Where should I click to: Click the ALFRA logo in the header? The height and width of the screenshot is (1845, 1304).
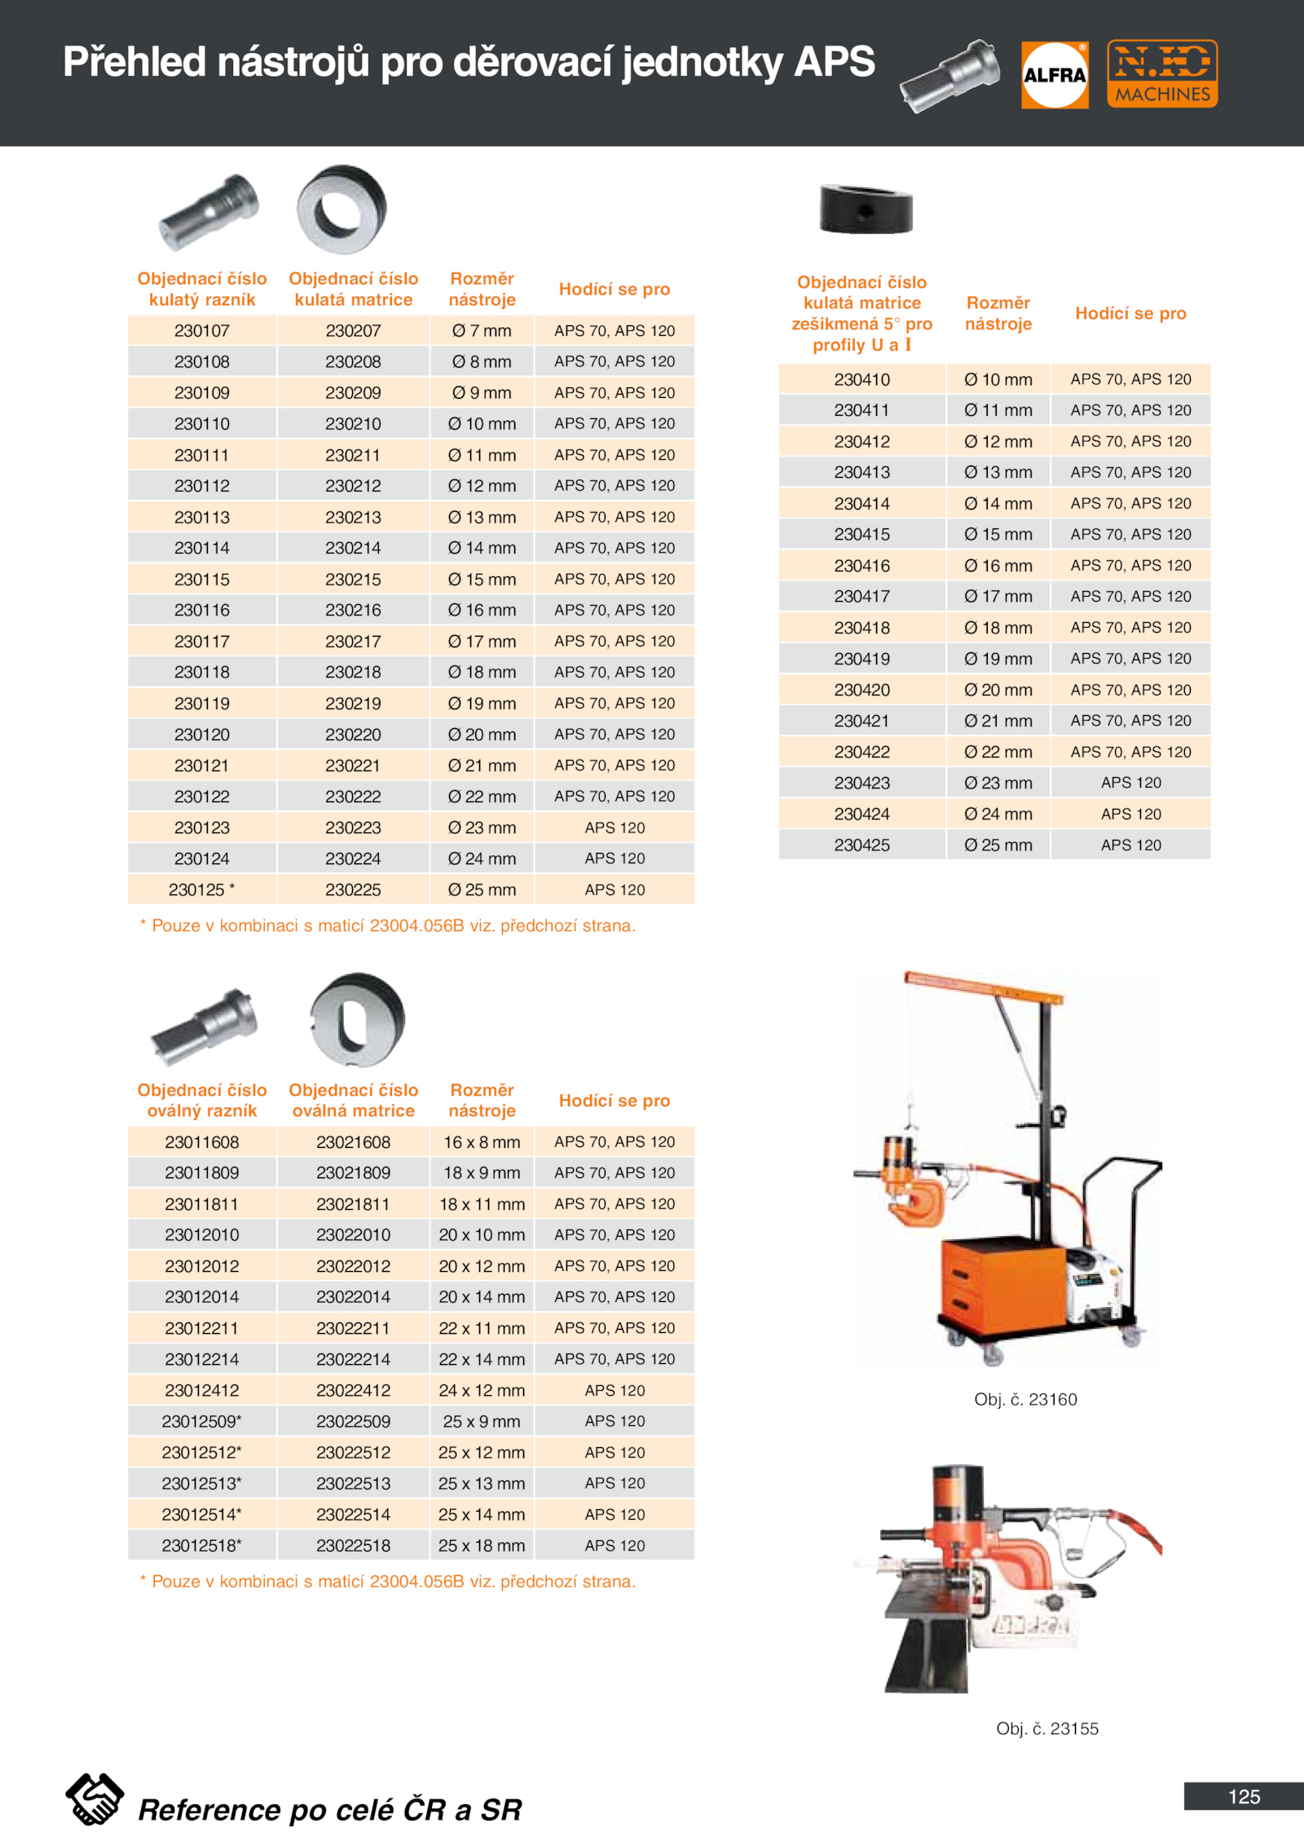(x=1055, y=75)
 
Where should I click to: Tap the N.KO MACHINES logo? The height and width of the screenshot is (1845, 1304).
(x=1162, y=73)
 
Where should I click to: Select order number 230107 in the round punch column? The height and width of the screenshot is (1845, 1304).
(x=202, y=331)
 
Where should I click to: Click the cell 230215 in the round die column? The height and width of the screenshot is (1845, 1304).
(x=353, y=580)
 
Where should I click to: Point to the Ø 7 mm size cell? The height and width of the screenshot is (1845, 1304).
(x=482, y=331)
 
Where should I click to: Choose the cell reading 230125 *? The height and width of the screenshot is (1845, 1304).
(x=201, y=890)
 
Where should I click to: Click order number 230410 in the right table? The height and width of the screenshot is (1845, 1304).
(x=861, y=380)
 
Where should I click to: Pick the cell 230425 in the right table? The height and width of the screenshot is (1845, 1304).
(x=861, y=845)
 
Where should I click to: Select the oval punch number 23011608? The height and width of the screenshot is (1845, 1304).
(x=201, y=1142)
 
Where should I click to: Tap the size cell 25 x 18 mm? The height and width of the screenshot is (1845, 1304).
(x=482, y=1546)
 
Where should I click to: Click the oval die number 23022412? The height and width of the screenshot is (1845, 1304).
(x=353, y=1391)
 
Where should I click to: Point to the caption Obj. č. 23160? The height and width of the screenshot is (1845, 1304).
(x=1025, y=1400)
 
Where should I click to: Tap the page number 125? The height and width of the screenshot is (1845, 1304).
(x=1244, y=1797)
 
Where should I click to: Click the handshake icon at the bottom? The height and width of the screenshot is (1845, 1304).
(x=95, y=1799)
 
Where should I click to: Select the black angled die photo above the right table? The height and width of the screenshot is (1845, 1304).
(x=866, y=209)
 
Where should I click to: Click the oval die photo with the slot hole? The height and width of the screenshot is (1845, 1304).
(x=357, y=1020)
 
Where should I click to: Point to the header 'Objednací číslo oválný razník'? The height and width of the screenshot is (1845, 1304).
(x=202, y=1101)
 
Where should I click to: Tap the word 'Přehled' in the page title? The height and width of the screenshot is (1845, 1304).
(x=134, y=63)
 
